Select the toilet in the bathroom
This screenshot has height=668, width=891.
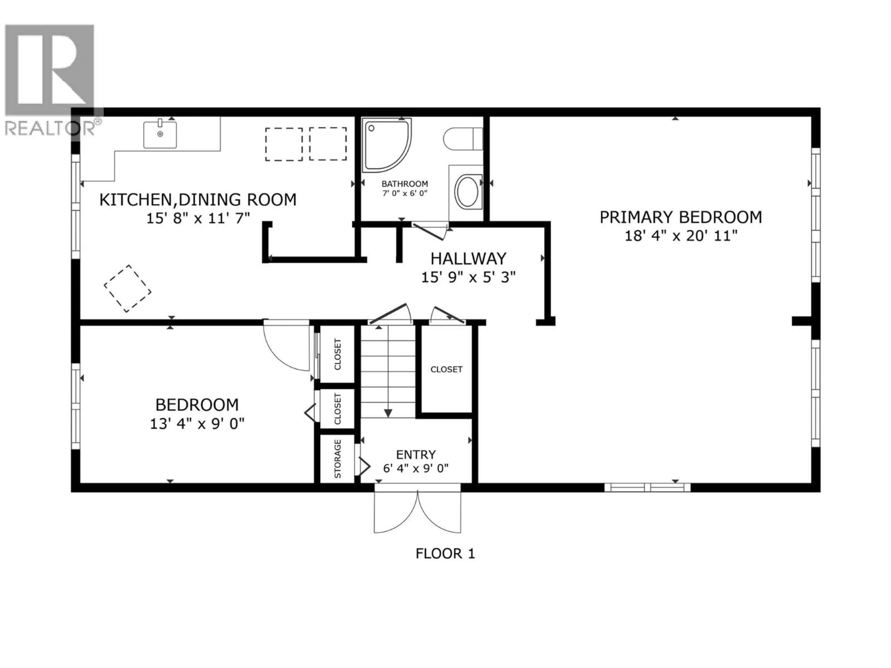click(463, 139)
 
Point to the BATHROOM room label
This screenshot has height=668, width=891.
click(404, 184)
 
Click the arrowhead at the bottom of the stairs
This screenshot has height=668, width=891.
click(388, 414)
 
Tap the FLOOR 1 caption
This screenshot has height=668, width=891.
click(445, 554)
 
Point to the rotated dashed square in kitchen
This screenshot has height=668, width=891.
click(128, 288)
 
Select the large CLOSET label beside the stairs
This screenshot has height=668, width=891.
click(446, 369)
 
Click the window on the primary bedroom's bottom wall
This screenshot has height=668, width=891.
click(647, 487)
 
